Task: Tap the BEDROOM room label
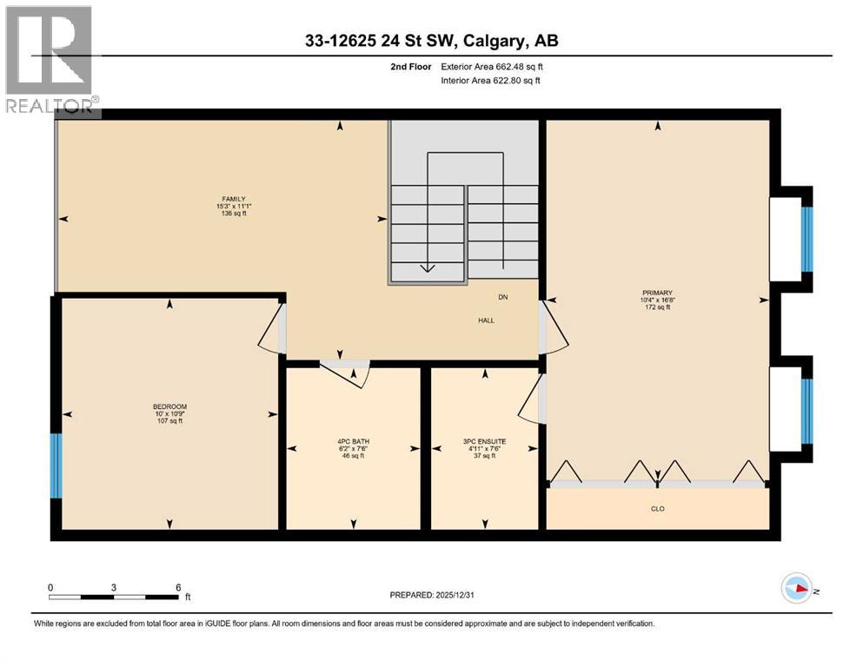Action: pyautogui.click(x=169, y=407)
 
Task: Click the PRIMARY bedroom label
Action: pyautogui.click(x=658, y=293)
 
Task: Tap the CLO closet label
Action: pyautogui.click(x=658, y=509)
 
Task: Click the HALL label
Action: pyautogui.click(x=486, y=320)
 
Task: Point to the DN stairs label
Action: pyautogui.click(x=502, y=298)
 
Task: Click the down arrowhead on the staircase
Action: pyautogui.click(x=427, y=267)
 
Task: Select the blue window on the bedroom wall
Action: pyautogui.click(x=56, y=466)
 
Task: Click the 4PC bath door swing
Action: pyautogui.click(x=350, y=373)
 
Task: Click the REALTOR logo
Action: pyautogui.click(x=50, y=61)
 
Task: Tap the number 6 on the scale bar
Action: pyautogui.click(x=178, y=586)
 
